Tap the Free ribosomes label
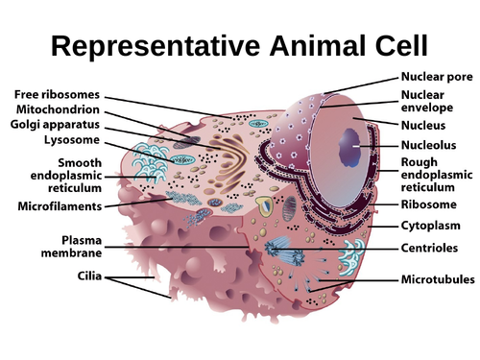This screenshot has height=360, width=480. [x=58, y=94]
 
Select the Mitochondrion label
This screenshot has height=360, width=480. [x=59, y=110]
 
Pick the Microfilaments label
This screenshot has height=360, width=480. [x=60, y=205]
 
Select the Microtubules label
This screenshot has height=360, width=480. [x=438, y=280]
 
